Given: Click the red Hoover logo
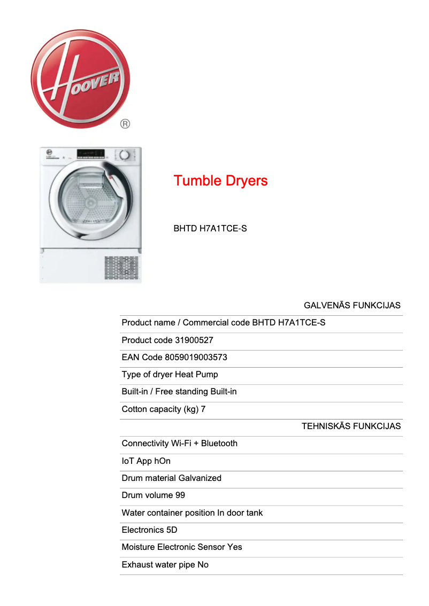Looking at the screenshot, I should pyautogui.click(x=80, y=79).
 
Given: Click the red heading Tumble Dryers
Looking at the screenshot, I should pyautogui.click(x=220, y=181).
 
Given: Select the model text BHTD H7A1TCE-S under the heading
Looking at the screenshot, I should pyautogui.click(x=210, y=229).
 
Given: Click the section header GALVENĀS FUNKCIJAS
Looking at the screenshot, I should pyautogui.click(x=352, y=306).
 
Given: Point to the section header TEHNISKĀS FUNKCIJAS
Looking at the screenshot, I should pyautogui.click(x=351, y=426).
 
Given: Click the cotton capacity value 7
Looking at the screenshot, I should pyautogui.click(x=203, y=409).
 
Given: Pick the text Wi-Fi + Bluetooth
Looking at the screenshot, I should pyautogui.click(x=204, y=443).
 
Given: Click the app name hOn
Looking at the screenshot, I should pyautogui.click(x=163, y=461).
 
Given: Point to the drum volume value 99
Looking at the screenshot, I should pyautogui.click(x=180, y=495).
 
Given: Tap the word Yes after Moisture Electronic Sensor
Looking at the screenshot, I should pyautogui.click(x=234, y=547).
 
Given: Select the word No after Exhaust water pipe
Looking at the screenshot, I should pyautogui.click(x=203, y=564).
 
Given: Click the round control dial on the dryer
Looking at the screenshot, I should pyautogui.click(x=125, y=155).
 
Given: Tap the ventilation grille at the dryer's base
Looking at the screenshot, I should pyautogui.click(x=121, y=268).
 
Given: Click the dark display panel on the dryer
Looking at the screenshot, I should pyautogui.click(x=91, y=154).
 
